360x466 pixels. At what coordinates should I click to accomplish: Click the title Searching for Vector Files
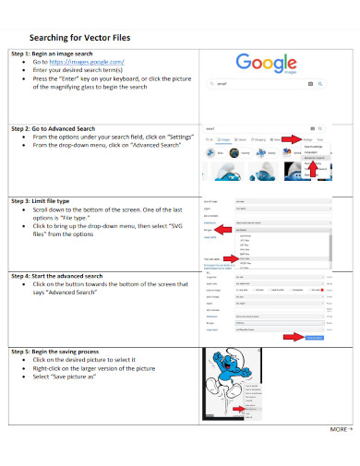coord(80,37)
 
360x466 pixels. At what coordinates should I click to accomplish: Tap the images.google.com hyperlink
coord(88,62)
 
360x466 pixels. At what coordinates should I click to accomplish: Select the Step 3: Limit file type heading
coord(47,200)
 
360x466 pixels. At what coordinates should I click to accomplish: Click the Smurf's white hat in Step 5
coord(224,356)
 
